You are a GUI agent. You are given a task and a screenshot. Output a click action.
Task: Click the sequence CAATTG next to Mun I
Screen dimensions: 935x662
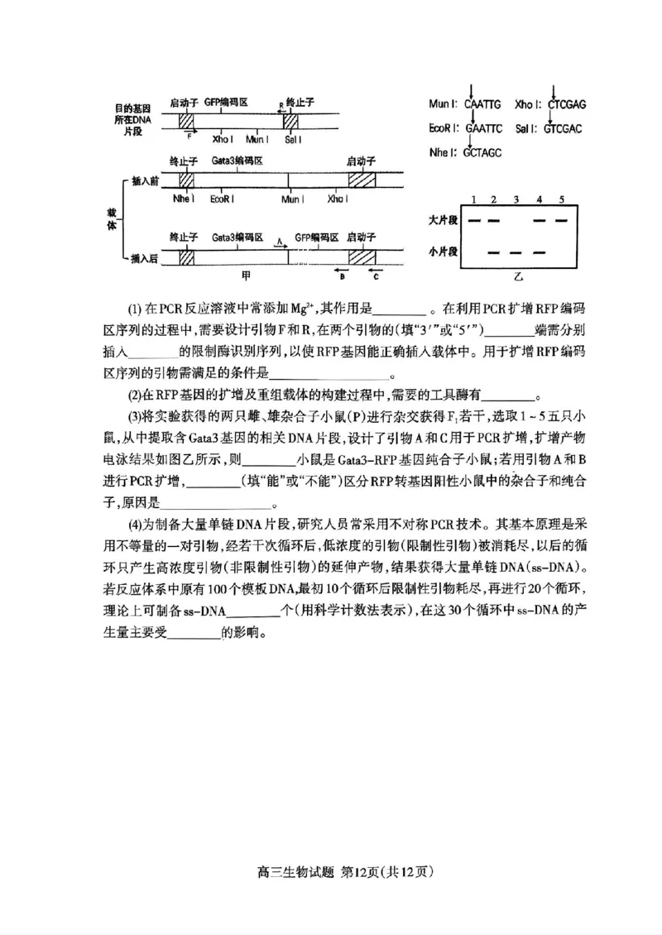click(483, 104)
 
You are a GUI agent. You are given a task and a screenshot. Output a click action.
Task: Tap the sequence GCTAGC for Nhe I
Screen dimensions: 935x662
click(482, 153)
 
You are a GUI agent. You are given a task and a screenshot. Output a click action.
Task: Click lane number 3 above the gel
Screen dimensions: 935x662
click(516, 200)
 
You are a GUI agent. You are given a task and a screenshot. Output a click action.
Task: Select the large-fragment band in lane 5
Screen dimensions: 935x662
click(562, 221)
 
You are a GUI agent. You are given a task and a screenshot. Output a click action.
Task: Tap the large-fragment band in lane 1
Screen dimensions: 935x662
click(474, 221)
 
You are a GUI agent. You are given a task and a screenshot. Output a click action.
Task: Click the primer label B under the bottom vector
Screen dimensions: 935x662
click(341, 277)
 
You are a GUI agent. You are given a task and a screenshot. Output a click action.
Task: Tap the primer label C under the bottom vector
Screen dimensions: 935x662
click(375, 277)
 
